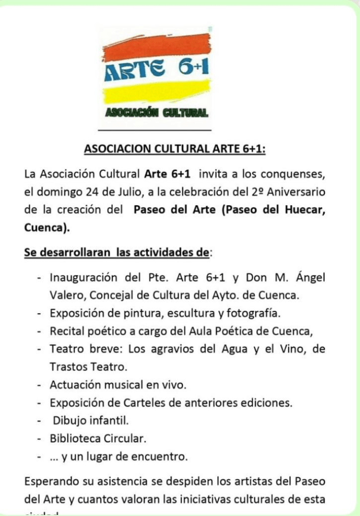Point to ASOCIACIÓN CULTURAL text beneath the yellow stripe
click(x=156, y=112)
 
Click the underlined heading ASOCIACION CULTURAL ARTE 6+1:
click(x=174, y=149)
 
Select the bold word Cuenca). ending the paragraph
click(x=47, y=227)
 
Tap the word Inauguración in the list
click(x=81, y=277)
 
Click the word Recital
click(x=66, y=331)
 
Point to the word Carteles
click(x=138, y=403)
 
